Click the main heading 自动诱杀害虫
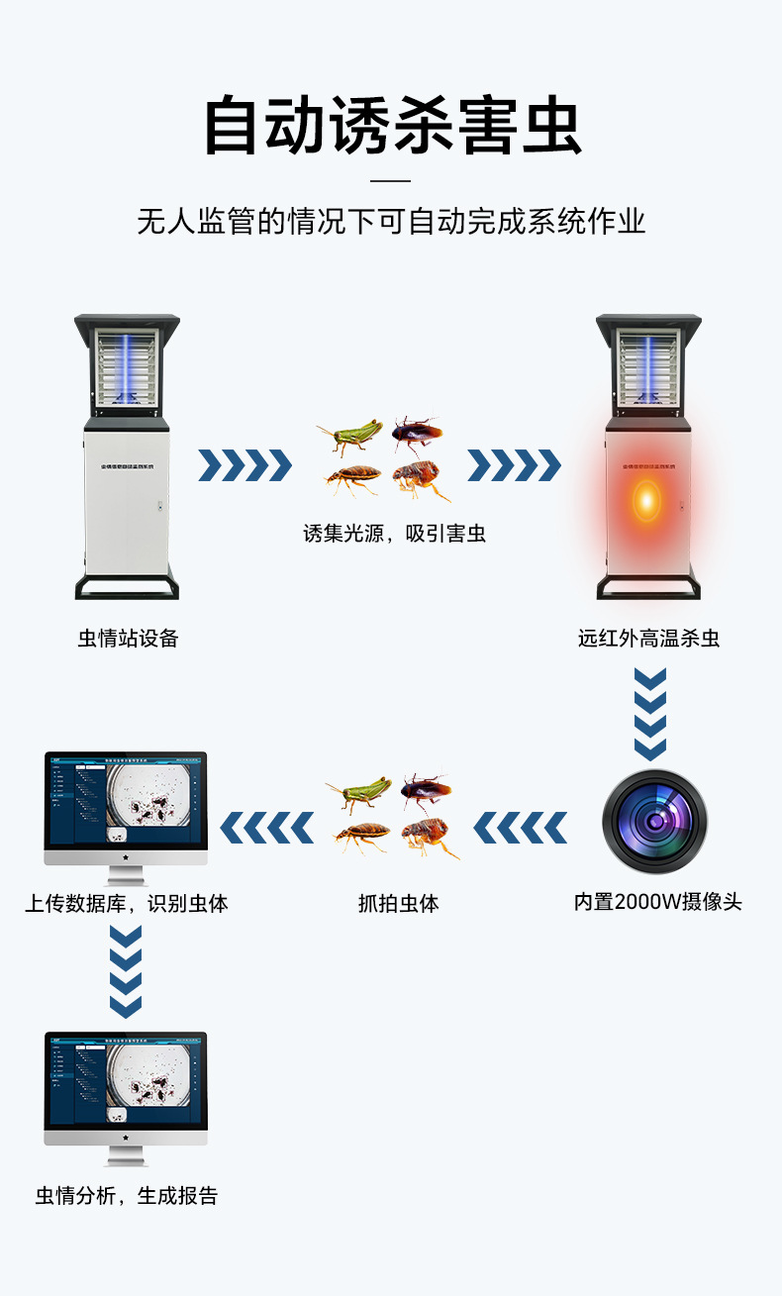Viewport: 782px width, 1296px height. click(x=391, y=126)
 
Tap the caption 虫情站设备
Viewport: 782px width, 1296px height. click(x=129, y=639)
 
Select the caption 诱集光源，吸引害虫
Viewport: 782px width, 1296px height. click(x=394, y=534)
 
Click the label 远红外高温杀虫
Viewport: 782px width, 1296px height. click(x=648, y=639)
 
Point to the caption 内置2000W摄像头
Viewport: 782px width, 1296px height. click(x=657, y=902)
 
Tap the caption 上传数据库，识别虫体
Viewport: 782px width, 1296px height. click(x=127, y=903)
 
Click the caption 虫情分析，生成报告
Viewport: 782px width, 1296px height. click(x=127, y=1195)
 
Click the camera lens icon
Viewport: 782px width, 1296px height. click(x=654, y=822)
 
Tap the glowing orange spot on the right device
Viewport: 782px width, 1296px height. click(x=645, y=500)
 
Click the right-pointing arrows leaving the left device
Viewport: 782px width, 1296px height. click(x=244, y=464)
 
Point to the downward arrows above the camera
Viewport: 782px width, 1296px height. click(x=650, y=713)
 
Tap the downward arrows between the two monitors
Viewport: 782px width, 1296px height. click(x=126, y=970)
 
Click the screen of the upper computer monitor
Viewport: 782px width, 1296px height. click(x=126, y=799)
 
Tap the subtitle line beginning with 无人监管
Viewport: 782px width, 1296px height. click(x=391, y=221)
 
